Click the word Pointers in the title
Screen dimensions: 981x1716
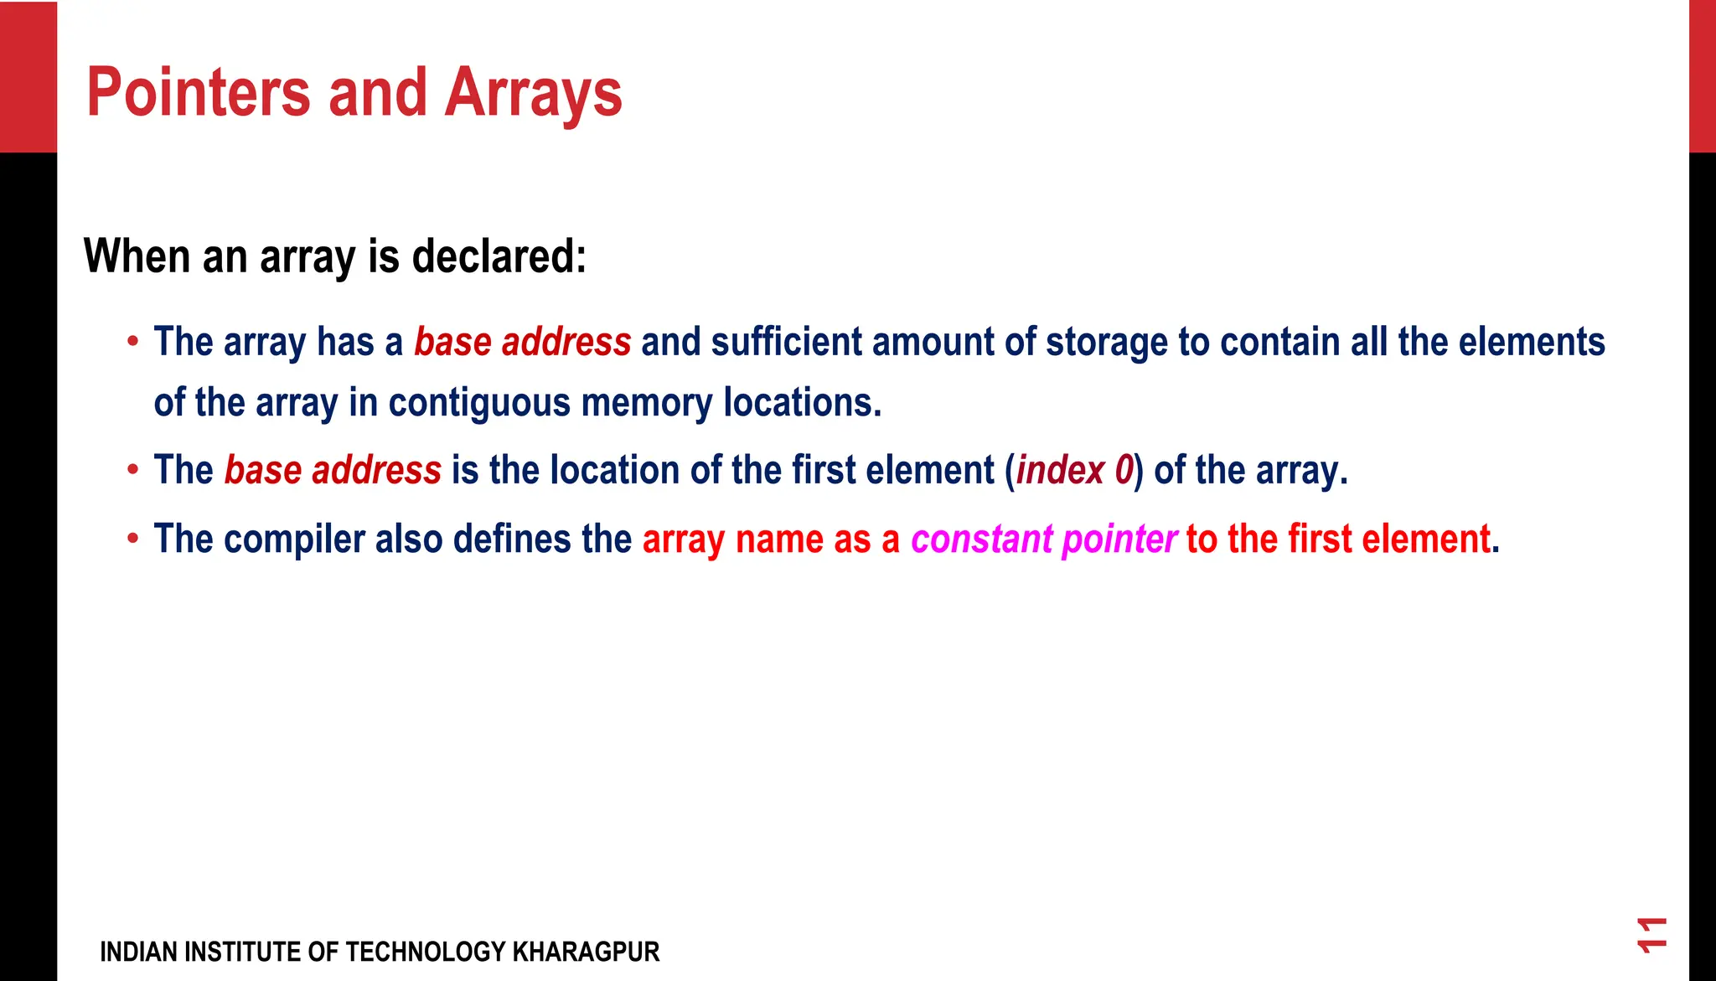199,92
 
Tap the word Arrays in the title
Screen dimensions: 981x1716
533,94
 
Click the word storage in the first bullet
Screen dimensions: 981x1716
1107,342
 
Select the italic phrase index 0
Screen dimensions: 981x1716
1074,470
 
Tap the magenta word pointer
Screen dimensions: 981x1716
1119,539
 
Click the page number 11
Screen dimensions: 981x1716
1652,934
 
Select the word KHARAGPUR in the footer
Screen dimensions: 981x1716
586,952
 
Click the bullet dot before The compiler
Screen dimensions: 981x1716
132,538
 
